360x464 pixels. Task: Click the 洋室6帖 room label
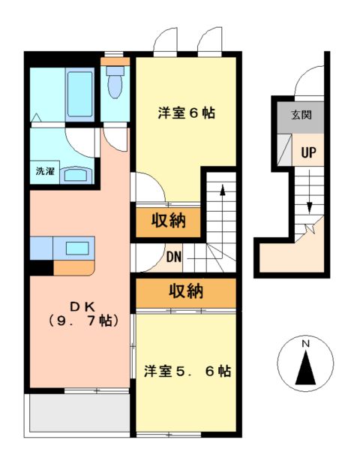186,113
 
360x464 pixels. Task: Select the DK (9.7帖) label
81,313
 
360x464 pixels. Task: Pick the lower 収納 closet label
185,291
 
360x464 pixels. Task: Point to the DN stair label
174,258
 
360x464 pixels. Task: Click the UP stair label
308,152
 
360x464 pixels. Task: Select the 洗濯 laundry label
44,170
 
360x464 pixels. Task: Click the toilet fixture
115,84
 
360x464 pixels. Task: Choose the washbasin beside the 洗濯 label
77,174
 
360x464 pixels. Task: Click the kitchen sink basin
76,246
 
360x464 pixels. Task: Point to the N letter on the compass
305,344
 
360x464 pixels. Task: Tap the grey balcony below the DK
75,412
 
